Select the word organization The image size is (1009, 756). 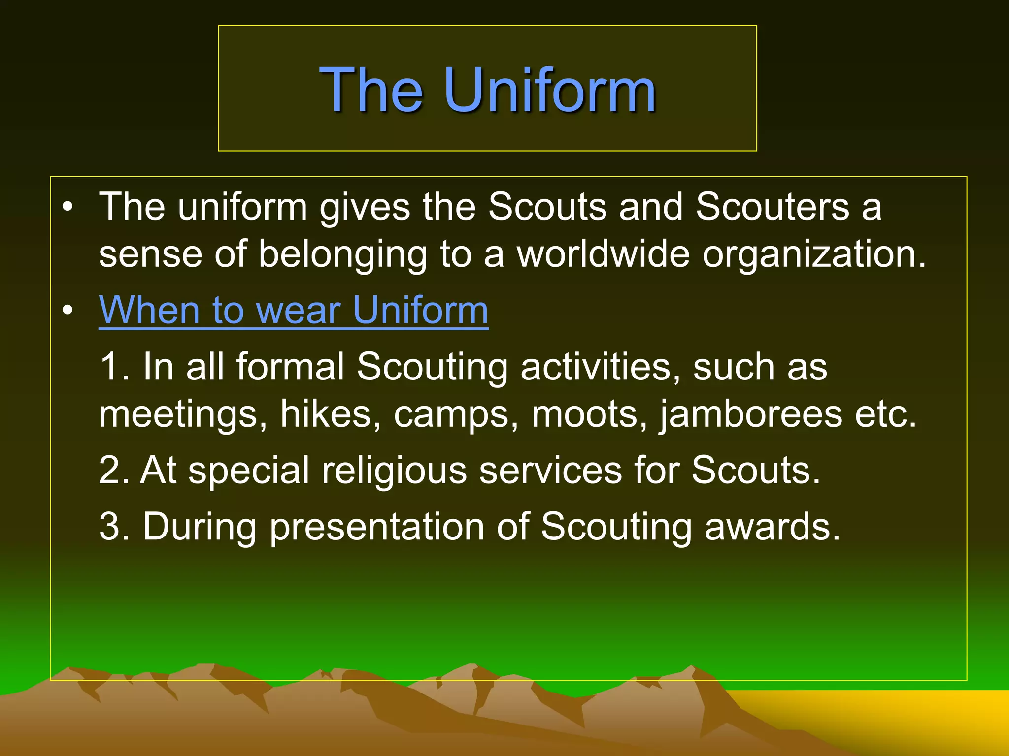pos(814,255)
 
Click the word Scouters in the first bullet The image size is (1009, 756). pos(772,207)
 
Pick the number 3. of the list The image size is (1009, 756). pos(114,527)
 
